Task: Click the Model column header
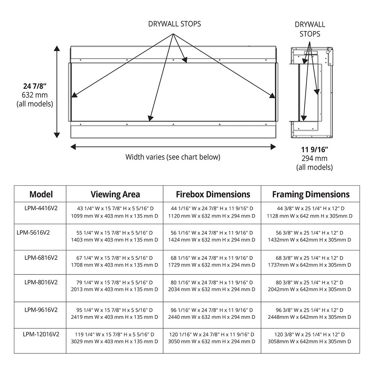[x=41, y=194]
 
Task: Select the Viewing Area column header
[x=115, y=194]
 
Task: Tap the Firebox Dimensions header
[x=213, y=194]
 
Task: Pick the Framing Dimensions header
[x=311, y=194]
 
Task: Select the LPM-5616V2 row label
[x=33, y=232]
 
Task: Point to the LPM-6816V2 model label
[x=41, y=258]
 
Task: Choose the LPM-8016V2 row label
[x=41, y=282]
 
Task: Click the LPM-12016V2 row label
[x=41, y=334]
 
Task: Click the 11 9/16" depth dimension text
[x=314, y=150]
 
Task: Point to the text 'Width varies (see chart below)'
[x=173, y=157]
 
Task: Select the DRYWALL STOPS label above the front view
[x=174, y=24]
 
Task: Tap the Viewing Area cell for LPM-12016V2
[x=115, y=338]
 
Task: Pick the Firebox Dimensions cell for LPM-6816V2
[x=213, y=262]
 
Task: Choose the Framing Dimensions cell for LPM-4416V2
[x=310, y=212]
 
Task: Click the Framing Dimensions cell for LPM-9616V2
[x=310, y=314]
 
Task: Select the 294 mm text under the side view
[x=314, y=159]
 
